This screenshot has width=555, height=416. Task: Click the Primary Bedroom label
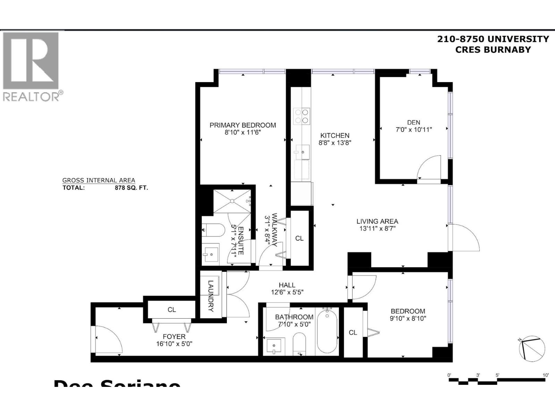tap(242, 125)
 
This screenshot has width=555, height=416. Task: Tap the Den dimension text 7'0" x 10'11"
tap(413, 130)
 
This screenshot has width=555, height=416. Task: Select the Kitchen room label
tap(334, 136)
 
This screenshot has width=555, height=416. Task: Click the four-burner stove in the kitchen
tap(301, 116)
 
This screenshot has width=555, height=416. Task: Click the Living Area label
tap(377, 221)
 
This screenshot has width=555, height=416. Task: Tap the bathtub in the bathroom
tap(327, 331)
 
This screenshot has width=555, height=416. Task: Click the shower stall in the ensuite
tap(232, 201)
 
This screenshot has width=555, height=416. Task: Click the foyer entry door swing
tap(108, 340)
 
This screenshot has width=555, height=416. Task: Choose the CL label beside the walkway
tap(299, 239)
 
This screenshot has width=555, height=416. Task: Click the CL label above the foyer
tap(172, 310)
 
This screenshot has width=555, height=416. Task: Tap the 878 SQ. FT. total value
tap(131, 188)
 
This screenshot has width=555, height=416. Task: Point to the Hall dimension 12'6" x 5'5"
tap(287, 292)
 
